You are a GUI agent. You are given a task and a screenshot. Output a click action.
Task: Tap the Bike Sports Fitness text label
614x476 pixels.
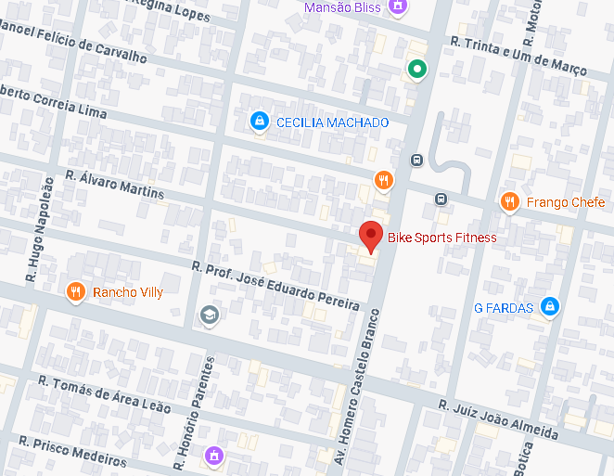pyautogui.click(x=441, y=238)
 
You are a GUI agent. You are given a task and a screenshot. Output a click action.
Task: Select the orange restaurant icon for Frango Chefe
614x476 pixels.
pyautogui.click(x=509, y=202)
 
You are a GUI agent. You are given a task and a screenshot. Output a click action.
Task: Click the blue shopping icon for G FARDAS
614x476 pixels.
pyautogui.click(x=550, y=306)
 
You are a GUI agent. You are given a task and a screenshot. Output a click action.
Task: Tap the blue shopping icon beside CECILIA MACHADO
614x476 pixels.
pyautogui.click(x=260, y=122)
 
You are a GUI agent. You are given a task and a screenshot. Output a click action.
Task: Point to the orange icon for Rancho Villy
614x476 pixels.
pyautogui.click(x=76, y=292)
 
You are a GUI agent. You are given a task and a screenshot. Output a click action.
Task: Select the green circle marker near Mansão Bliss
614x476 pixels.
pyautogui.click(x=417, y=69)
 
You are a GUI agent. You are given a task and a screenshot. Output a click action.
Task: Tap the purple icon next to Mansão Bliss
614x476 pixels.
pyautogui.click(x=398, y=7)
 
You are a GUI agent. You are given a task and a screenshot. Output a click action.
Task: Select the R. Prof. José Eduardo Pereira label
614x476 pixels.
pyautogui.click(x=275, y=286)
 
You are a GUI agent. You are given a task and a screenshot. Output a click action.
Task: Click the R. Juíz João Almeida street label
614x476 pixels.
pyautogui.click(x=499, y=419)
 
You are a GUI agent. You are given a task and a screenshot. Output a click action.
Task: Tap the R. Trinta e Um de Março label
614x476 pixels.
pyautogui.click(x=518, y=56)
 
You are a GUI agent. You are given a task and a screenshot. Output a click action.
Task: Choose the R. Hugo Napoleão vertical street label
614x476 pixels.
pyautogui.click(x=40, y=229)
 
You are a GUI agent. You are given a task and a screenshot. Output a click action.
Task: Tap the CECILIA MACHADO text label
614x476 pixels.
pyautogui.click(x=332, y=122)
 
